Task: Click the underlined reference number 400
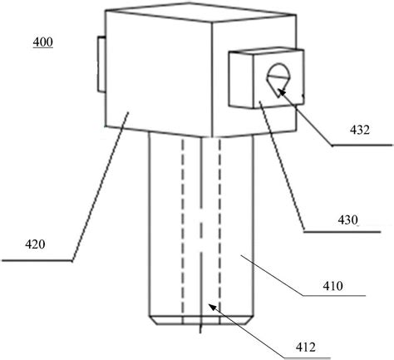point(43,42)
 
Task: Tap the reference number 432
point(360,130)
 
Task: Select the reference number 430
point(347,220)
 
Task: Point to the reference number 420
point(35,244)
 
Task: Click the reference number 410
point(332,286)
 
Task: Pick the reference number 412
point(306,347)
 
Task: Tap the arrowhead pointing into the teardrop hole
point(282,92)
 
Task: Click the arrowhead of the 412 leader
point(213,307)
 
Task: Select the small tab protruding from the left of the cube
point(101,64)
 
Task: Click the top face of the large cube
point(200,12)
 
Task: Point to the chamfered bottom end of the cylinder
point(201,320)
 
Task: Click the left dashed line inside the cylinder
point(183,227)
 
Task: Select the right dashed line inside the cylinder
point(220,227)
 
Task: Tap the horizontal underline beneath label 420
point(37,260)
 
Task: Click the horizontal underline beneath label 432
point(362,145)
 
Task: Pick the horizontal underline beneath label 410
point(334,296)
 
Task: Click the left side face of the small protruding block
point(241,80)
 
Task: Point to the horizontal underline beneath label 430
point(342,231)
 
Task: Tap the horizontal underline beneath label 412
point(308,358)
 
